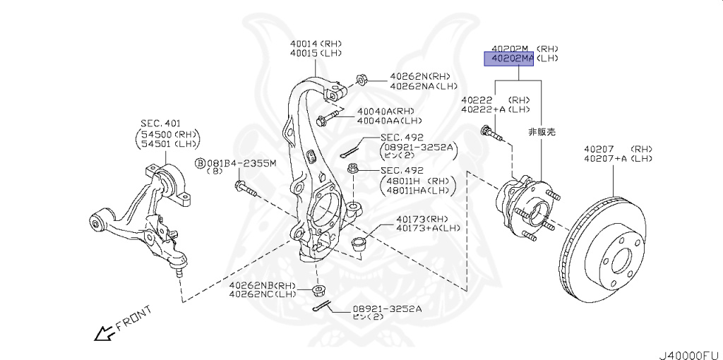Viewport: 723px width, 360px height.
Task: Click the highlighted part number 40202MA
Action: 508,59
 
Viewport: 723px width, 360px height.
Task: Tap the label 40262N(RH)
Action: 419,77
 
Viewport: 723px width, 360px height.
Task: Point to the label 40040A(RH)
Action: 385,112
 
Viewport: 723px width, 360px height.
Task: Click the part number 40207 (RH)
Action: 616,149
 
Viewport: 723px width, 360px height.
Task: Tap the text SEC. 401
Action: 160,124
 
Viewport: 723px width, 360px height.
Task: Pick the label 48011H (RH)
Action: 415,180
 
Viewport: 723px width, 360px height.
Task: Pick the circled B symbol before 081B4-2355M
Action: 200,164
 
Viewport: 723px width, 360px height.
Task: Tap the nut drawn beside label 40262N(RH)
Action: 359,78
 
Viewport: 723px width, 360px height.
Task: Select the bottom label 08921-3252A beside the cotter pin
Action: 388,308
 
